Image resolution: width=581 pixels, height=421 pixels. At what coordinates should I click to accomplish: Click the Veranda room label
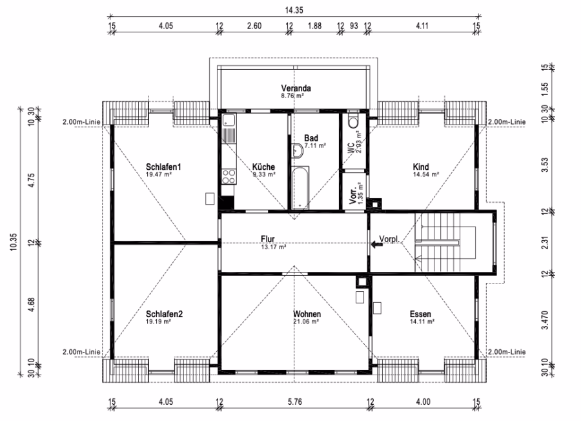coord(296,88)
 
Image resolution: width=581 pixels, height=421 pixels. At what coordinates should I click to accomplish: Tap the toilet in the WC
coord(353,121)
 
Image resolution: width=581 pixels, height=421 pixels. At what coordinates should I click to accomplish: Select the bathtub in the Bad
coord(300,188)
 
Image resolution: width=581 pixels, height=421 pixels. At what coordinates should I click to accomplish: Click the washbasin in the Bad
coord(296,150)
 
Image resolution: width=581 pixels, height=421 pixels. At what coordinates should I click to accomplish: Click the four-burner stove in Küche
coord(229,176)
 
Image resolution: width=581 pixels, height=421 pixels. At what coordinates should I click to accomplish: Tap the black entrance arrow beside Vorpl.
coord(377,244)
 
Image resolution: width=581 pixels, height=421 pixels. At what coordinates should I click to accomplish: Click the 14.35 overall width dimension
coord(294,10)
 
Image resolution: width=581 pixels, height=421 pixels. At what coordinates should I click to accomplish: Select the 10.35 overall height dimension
coord(14,242)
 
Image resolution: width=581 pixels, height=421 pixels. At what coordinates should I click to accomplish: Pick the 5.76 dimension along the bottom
coord(294,402)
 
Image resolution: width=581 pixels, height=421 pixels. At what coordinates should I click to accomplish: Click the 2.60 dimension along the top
coord(254,26)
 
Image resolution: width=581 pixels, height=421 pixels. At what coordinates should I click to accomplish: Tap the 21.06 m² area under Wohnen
coord(306,322)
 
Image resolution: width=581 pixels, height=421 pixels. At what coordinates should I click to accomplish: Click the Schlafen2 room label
coord(164,314)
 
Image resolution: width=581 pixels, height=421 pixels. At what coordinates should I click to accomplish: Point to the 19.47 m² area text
coord(159,174)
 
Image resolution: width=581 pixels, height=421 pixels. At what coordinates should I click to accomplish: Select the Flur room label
coord(267,239)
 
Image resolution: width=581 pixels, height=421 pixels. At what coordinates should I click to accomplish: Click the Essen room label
coord(420,314)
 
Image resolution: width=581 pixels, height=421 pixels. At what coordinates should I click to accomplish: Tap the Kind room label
coord(421,167)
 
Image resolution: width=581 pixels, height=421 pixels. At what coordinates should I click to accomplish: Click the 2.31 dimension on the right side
coord(545,242)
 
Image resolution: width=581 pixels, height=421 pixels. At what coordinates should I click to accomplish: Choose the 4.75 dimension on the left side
coord(32,180)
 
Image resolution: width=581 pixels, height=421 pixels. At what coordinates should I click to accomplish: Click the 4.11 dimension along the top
coord(422,26)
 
